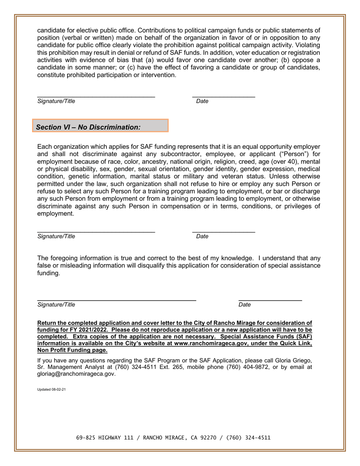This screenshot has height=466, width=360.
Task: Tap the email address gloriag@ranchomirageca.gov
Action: click(76, 374)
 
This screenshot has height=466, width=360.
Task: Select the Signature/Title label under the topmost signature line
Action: click(56, 101)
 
